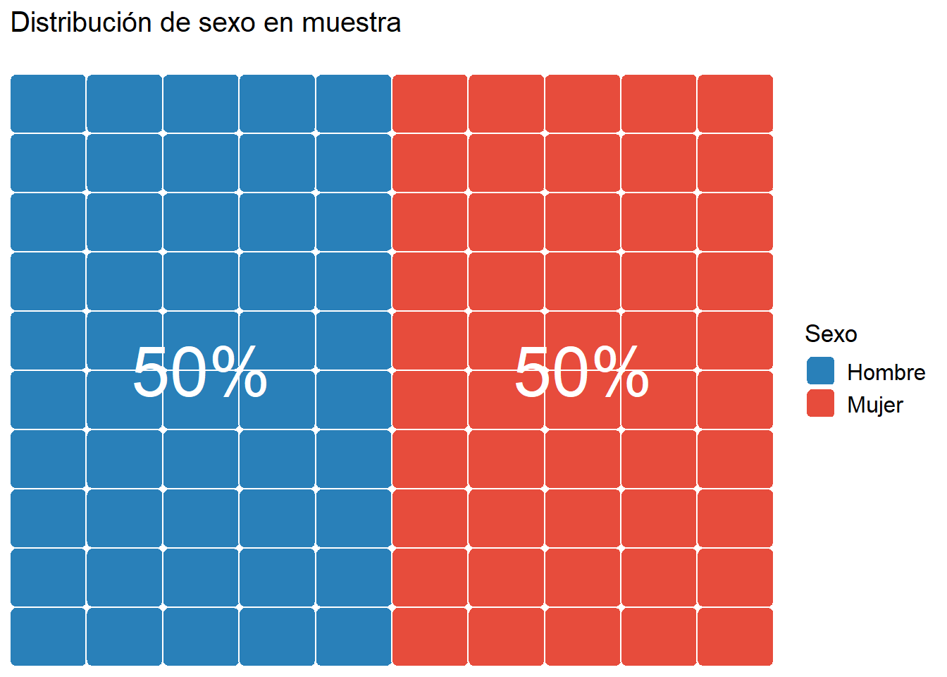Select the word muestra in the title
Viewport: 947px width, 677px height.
pos(351,23)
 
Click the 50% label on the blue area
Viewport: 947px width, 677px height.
pos(200,372)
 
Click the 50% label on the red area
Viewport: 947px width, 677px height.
pos(581,372)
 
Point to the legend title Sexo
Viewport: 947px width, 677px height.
pos(831,334)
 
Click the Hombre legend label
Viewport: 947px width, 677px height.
pos(886,372)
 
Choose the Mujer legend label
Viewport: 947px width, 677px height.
pos(874,405)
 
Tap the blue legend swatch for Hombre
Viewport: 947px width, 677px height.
pos(820,371)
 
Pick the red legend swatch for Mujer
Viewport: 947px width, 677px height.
pos(820,403)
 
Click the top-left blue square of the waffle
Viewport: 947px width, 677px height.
pos(48,103)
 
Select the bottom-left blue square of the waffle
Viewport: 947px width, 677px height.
pos(48,636)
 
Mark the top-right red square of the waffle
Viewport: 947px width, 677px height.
pos(735,103)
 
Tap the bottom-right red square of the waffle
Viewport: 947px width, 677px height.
pos(735,636)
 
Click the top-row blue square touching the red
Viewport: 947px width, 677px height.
pos(353,103)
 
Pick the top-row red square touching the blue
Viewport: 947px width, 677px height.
pos(430,103)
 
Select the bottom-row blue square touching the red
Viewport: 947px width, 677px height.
pos(353,636)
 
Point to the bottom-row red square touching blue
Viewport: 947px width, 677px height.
pos(430,636)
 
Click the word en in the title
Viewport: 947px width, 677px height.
pos(278,23)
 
